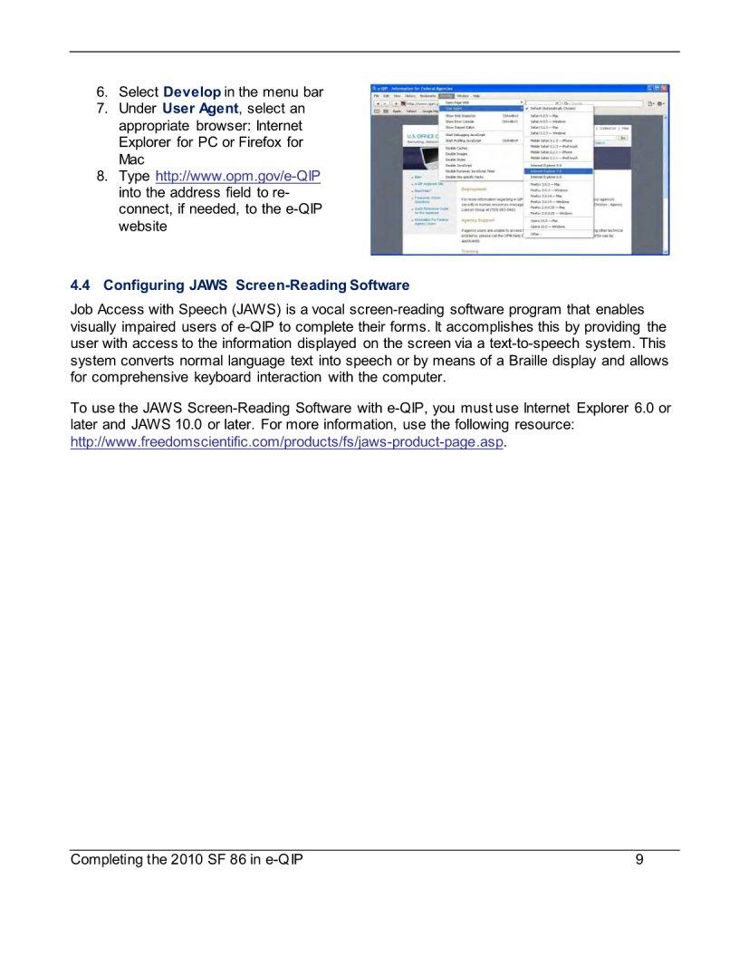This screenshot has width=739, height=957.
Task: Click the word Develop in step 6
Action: point(192,92)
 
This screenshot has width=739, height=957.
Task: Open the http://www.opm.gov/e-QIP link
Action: point(238,175)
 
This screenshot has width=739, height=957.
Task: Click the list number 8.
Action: point(102,175)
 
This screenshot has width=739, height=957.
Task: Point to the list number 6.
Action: point(102,92)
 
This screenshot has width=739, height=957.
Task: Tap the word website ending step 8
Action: point(143,226)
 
